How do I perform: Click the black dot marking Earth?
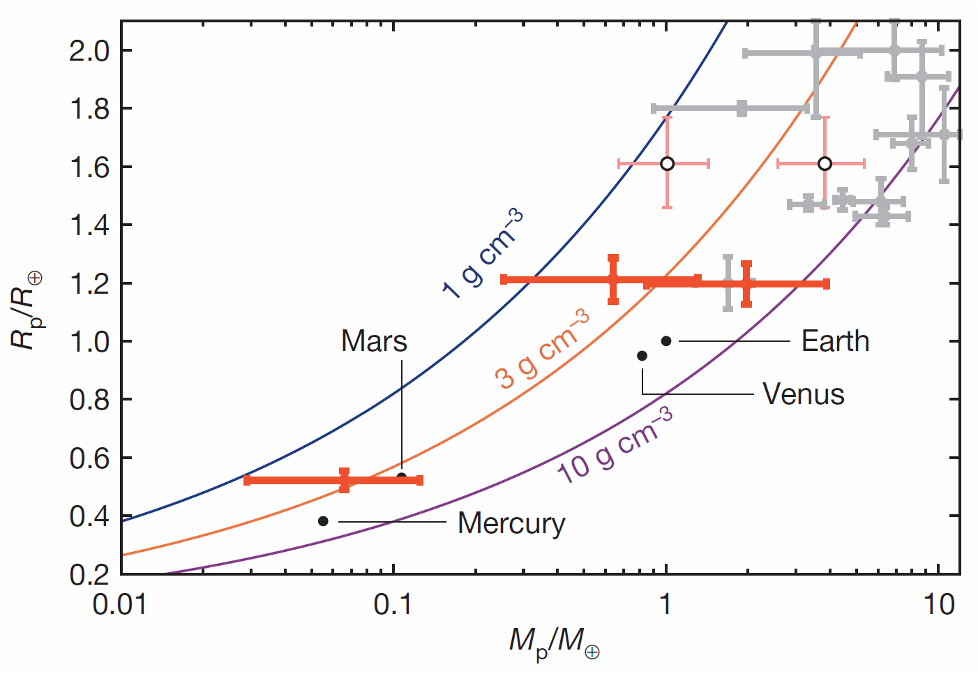coord(666,341)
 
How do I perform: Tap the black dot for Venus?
coord(642,356)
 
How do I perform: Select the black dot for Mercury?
coord(323,521)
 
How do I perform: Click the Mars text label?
coord(374,341)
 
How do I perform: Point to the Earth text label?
coord(835,341)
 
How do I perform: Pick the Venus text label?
coord(803,394)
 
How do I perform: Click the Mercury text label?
coord(511,523)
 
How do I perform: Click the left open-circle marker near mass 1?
coord(667,163)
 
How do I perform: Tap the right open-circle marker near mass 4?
coord(825,163)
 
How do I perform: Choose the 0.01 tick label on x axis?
coord(120,604)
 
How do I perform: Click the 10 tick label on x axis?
coord(939,604)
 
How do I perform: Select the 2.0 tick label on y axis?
coord(89,51)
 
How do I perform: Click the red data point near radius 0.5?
coord(344,480)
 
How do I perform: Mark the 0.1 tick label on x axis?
coord(393,604)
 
